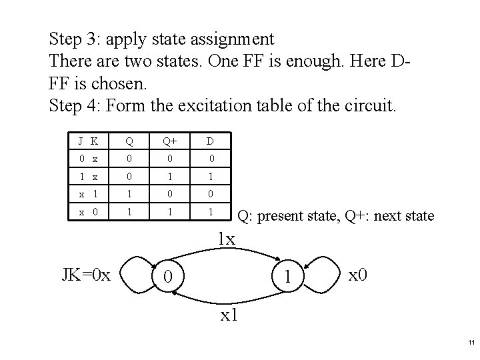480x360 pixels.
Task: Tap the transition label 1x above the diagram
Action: (x=227, y=237)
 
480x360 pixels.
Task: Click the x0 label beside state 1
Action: (x=359, y=273)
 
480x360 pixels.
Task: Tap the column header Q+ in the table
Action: (x=173, y=141)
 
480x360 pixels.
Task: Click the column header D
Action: (x=210, y=141)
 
